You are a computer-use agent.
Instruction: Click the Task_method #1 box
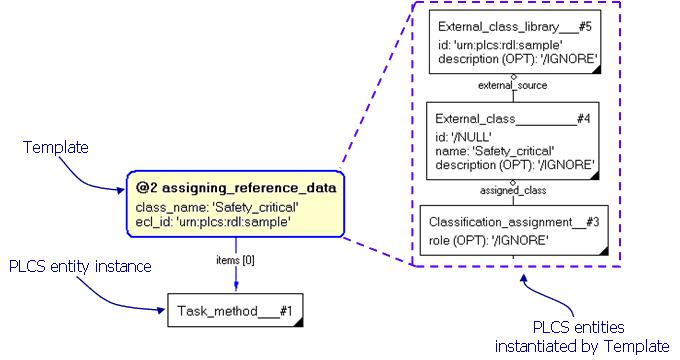pyautogui.click(x=234, y=310)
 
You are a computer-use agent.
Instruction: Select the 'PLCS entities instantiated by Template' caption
pyautogui.click(x=582, y=338)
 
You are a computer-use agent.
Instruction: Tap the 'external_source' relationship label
pyautogui.click(x=512, y=86)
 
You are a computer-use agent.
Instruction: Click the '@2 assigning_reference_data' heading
pyautogui.click(x=236, y=187)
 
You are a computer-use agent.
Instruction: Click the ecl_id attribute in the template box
pyautogui.click(x=213, y=221)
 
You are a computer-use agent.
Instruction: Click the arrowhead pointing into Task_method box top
pyautogui.click(x=235, y=289)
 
